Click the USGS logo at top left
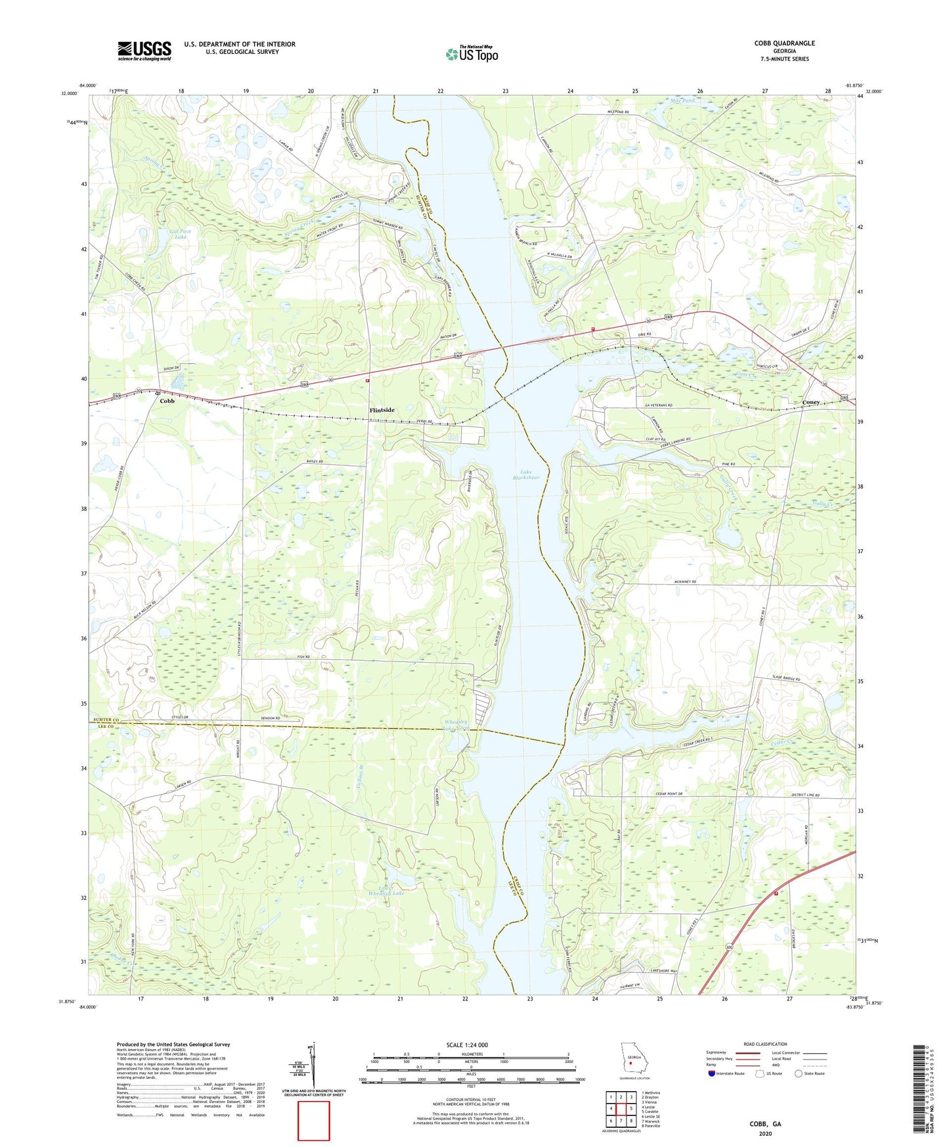tap(144, 50)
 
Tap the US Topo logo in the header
tap(472, 54)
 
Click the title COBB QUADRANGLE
tap(784, 43)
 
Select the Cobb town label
tap(167, 401)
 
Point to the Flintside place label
tap(382, 410)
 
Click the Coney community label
tap(810, 402)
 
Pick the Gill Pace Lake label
tap(179, 234)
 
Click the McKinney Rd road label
tap(683, 582)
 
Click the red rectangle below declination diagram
tap(313, 1121)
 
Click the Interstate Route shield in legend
tap(712, 1073)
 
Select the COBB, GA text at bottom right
tap(765, 1124)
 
